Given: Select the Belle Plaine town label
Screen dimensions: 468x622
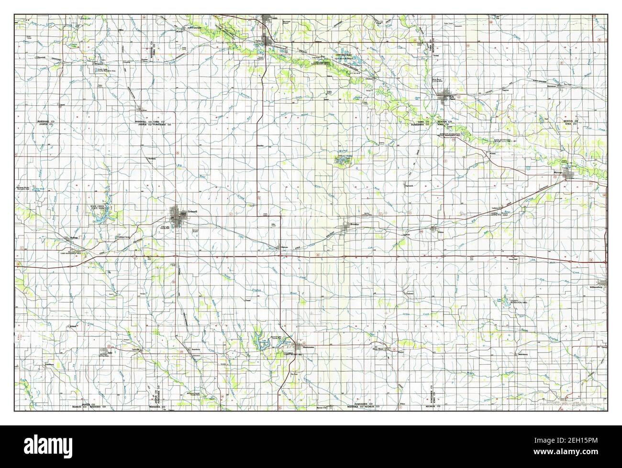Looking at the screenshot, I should [x=451, y=98].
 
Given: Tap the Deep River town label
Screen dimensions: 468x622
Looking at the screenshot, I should [x=378, y=349].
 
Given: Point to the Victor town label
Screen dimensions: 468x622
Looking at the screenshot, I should [x=441, y=233].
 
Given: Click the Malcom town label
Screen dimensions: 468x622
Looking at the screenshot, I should [x=285, y=247].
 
